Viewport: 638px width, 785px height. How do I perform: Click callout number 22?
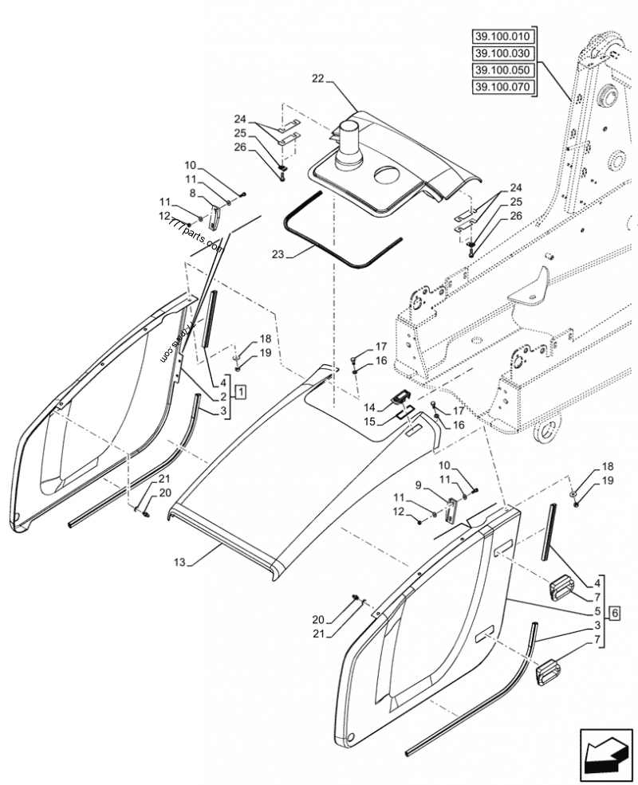click(x=318, y=78)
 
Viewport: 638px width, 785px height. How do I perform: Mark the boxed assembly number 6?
click(x=614, y=612)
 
